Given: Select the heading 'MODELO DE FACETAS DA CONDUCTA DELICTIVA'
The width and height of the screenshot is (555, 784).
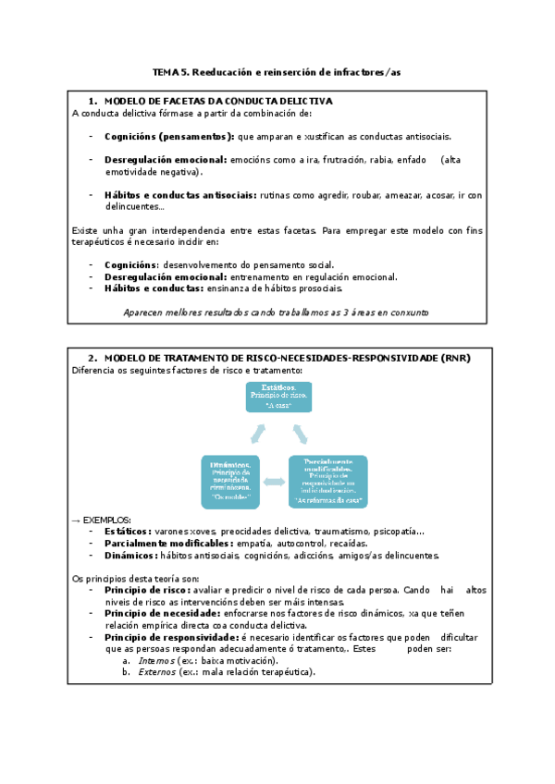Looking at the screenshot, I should coord(218,100).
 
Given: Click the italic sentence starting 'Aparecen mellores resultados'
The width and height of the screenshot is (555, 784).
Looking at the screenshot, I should coord(276,312).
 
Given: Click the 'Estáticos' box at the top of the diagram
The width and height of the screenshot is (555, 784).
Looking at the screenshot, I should coord(278,396).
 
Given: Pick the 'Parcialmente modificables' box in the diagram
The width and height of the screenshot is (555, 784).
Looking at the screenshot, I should coord(328,481).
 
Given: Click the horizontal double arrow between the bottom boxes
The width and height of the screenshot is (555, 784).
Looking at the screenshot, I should coord(275,482).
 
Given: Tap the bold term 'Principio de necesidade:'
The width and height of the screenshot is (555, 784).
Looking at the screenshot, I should coord(162,613).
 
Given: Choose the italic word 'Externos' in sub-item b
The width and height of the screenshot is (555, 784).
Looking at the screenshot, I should coord(156,672).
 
